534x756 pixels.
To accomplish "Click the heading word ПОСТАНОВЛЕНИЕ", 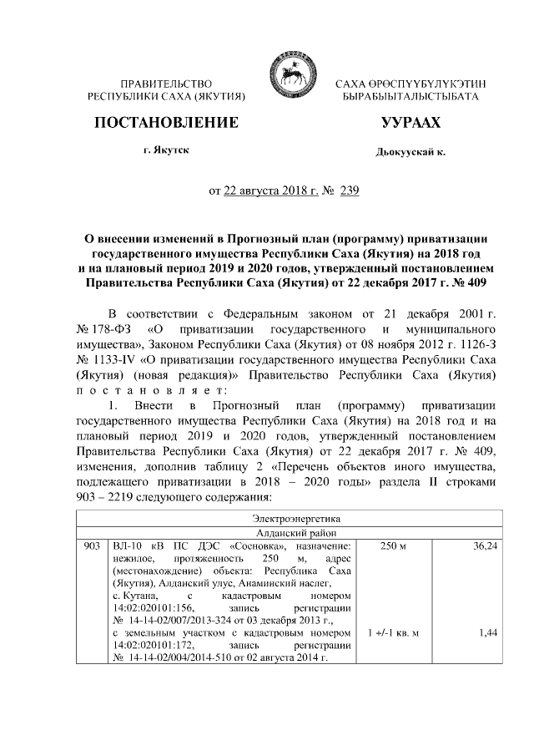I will [166, 123].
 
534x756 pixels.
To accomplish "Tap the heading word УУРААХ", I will [410, 123].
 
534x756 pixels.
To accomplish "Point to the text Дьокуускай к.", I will [411, 153].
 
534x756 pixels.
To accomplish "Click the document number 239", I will [326, 191].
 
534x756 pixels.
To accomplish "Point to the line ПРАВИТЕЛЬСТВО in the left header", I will [166, 84].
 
